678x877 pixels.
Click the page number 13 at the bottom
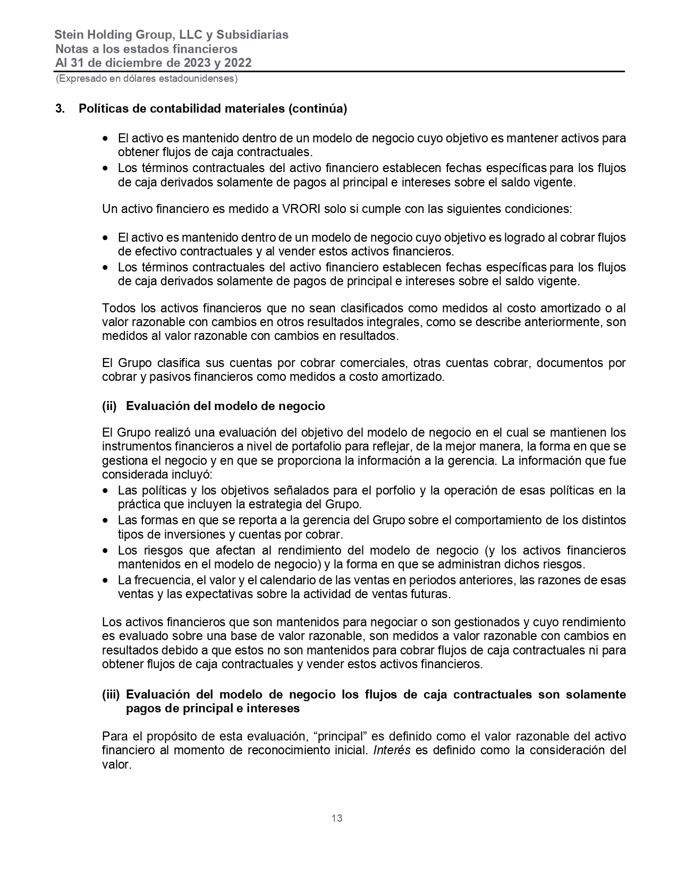[337, 818]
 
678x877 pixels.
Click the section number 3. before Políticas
[61, 109]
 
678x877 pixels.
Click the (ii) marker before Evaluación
[109, 406]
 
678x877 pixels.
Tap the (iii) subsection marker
[111, 695]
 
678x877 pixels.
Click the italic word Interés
[392, 751]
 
